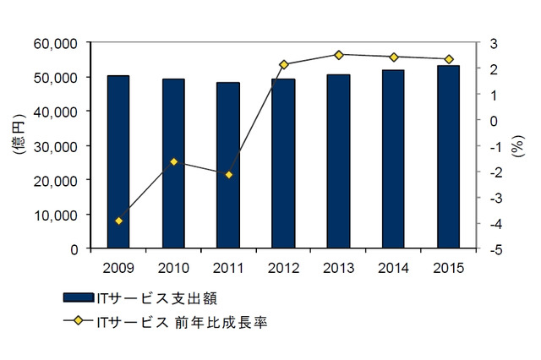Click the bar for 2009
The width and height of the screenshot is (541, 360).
point(118,162)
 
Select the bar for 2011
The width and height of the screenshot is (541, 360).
point(228,166)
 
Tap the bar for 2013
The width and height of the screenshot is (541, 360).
point(338,161)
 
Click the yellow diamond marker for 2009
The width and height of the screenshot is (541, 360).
point(118,221)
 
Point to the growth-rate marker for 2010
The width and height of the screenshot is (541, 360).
point(173,161)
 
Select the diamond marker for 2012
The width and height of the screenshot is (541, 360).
point(283,64)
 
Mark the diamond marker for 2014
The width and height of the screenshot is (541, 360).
point(393,57)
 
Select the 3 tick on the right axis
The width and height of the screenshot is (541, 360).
point(495,42)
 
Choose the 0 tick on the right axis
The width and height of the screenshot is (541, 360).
point(495,120)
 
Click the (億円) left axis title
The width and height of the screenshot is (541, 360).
point(19,145)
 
